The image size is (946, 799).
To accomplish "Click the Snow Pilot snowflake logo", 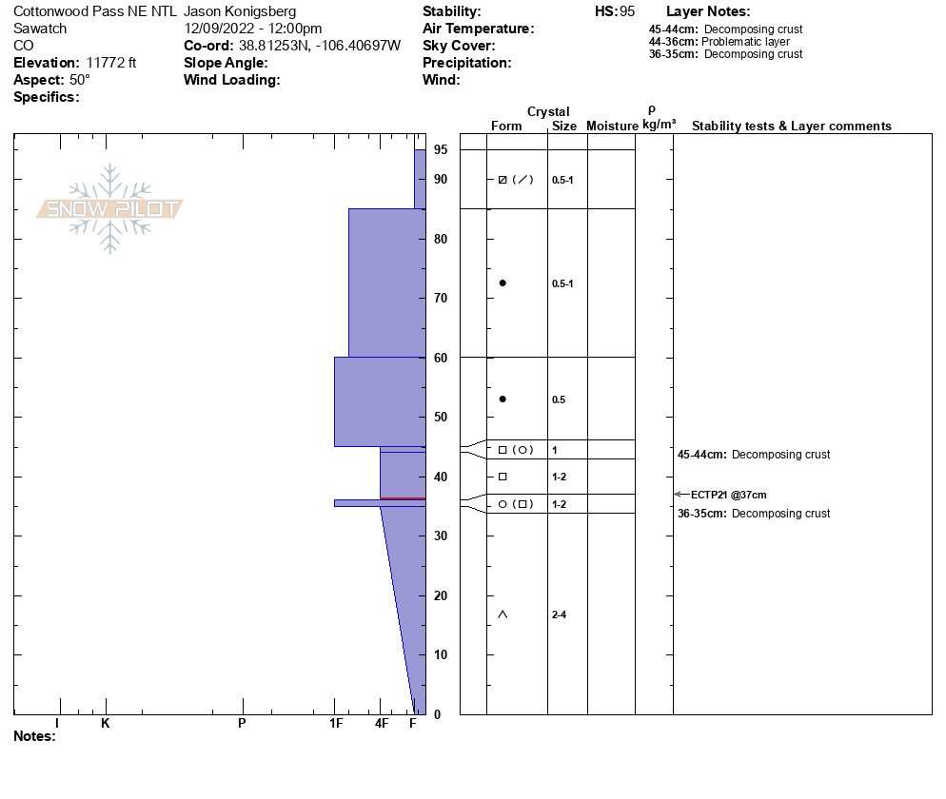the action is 109,208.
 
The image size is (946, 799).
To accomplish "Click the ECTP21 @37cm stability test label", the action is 728,495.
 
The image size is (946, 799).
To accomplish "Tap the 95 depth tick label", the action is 441,149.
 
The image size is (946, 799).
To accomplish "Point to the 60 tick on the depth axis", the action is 441,358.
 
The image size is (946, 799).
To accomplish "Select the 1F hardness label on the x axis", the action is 336,723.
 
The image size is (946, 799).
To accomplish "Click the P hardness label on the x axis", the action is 242,723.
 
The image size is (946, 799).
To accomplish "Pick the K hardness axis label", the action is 106,723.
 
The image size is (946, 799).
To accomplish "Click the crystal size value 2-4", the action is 559,615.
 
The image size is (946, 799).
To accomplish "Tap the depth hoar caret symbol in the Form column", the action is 503,614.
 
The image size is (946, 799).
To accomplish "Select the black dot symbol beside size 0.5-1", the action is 503,283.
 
